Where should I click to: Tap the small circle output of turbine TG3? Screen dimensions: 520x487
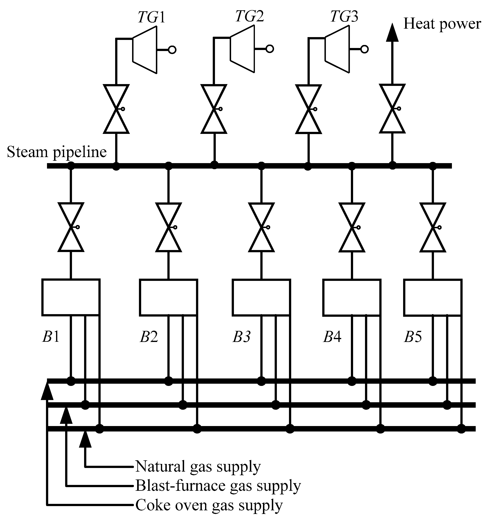(365, 49)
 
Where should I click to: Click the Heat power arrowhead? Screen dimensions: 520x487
(392, 33)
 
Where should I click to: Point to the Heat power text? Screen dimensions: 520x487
(442, 24)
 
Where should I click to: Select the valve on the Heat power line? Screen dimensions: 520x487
(392, 108)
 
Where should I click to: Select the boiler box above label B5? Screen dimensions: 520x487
(433, 297)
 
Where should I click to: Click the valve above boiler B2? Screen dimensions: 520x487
(168, 227)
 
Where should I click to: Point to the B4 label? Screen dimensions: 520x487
(332, 337)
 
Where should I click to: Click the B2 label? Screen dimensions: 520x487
(149, 337)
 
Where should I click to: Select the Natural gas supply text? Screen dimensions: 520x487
(198, 466)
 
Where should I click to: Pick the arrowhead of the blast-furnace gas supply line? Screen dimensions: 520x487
(66, 416)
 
